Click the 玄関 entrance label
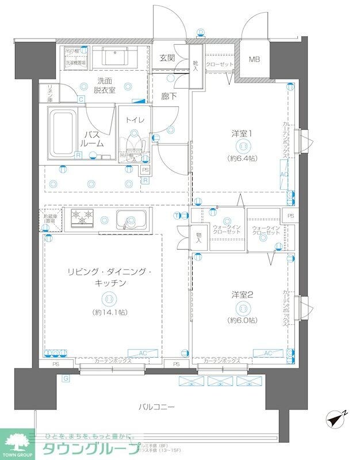tap(167, 58)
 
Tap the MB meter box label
tap(254, 59)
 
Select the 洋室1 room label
tap(242, 133)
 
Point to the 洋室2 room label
tap(242, 294)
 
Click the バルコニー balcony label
tap(156, 407)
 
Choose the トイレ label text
tap(135, 120)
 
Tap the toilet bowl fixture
tap(135, 146)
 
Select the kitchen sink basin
tap(131, 221)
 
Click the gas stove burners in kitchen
tap(82, 218)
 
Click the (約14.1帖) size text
tap(109, 312)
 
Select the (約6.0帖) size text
tap(242, 319)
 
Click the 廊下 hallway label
tap(168, 97)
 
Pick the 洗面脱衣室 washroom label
tap(106, 85)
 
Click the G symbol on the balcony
tap(66, 378)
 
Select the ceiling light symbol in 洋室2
tap(242, 307)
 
